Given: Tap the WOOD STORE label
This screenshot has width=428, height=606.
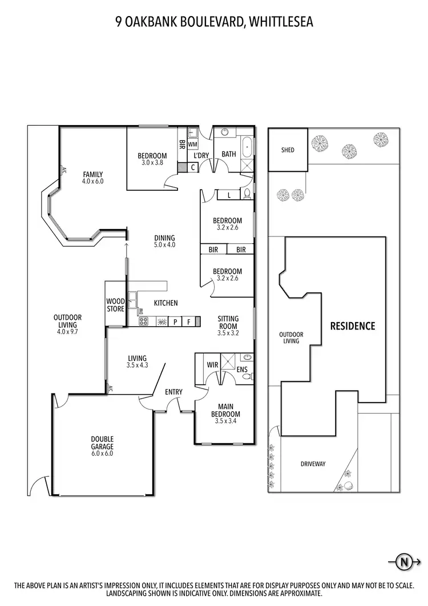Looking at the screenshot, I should click(116, 305).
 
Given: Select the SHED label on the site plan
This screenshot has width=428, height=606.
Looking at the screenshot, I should click(288, 150).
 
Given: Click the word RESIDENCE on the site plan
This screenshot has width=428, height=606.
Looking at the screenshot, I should click(353, 326).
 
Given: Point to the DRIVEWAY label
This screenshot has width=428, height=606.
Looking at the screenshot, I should click(313, 464).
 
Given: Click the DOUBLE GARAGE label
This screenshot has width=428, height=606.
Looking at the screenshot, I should click(102, 443).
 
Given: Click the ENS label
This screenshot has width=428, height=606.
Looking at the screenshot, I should click(242, 370).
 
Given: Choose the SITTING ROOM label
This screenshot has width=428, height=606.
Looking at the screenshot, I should click(228, 323).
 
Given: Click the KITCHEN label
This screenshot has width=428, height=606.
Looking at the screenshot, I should click(165, 303).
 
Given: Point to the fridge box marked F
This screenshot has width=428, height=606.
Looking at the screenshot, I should click(188, 322).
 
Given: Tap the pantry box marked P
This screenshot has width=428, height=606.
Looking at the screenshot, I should click(175, 322).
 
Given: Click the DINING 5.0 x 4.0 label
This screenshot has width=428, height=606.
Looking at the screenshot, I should click(164, 241).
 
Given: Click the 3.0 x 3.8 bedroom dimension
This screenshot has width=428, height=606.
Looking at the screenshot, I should click(152, 162).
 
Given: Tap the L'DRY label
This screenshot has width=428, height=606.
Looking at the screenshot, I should click(201, 155).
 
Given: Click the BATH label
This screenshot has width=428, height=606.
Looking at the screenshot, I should click(229, 154).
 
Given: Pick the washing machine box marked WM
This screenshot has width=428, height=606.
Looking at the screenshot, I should click(192, 145).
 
